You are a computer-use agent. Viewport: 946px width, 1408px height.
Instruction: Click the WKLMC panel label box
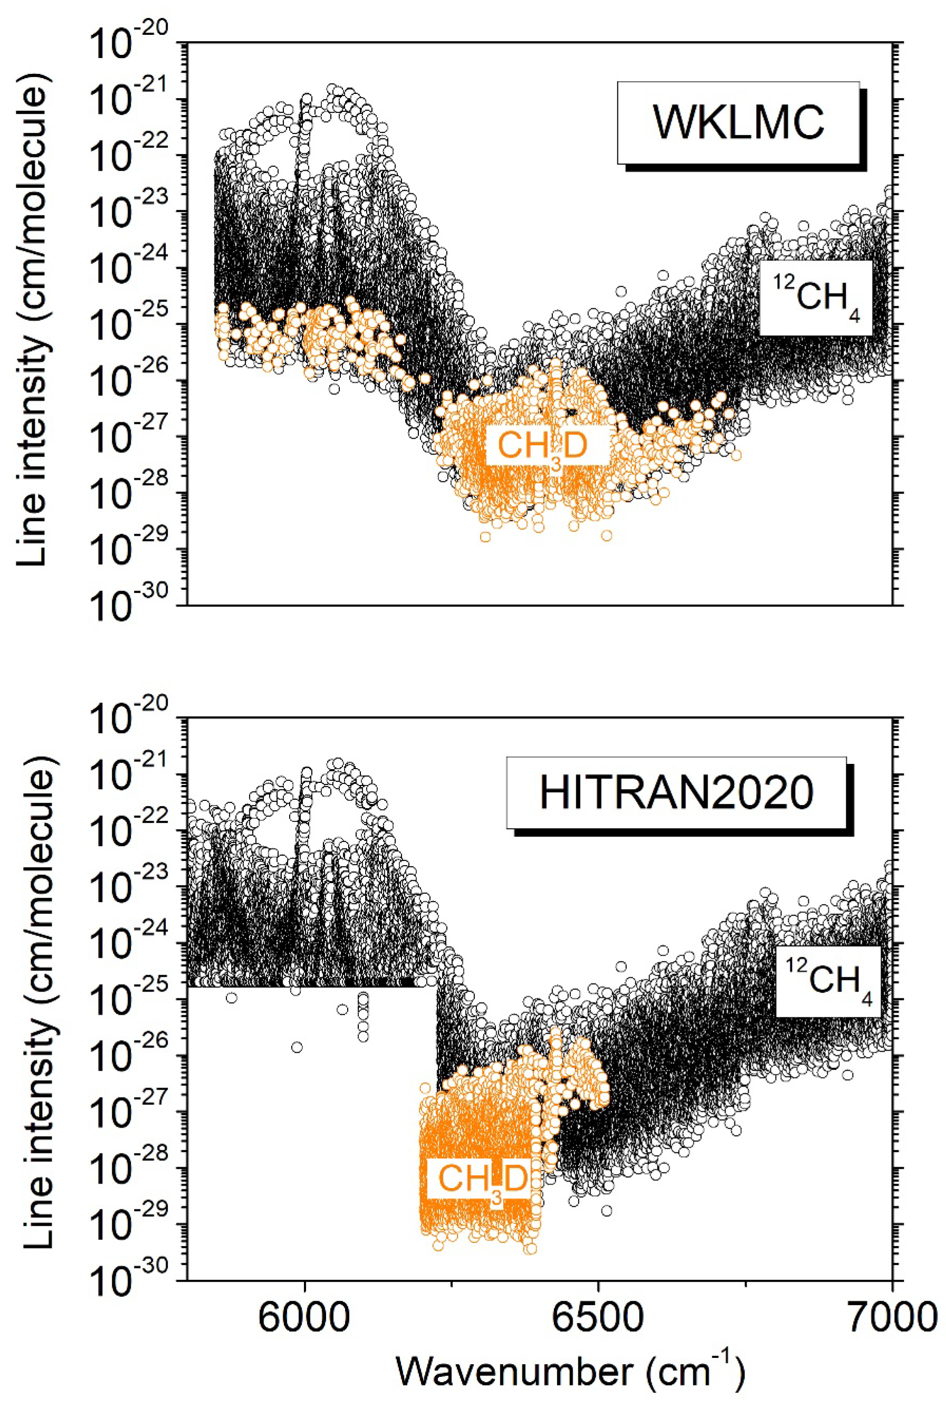[738, 122]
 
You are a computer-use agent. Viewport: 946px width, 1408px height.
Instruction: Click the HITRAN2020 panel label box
[676, 792]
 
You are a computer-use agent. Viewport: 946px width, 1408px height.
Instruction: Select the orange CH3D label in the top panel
[542, 447]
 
